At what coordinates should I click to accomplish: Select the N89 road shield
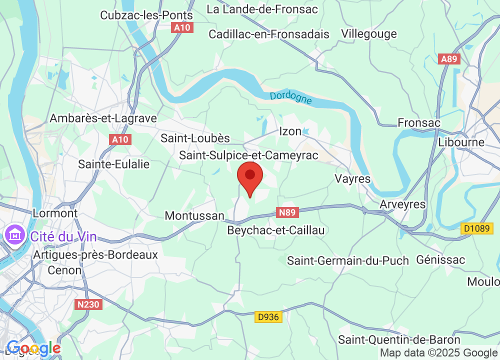[287, 212]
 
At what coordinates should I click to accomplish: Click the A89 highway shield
[448, 59]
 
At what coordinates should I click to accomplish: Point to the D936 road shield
[268, 316]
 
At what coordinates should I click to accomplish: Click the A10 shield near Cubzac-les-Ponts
[182, 27]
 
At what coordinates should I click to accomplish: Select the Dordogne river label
[290, 98]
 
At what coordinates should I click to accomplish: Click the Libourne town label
[461, 142]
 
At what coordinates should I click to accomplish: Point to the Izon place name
[290, 131]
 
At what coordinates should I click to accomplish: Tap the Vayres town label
[352, 179]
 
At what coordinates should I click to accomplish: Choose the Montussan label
[194, 215]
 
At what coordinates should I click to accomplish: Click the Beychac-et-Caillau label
[276, 230]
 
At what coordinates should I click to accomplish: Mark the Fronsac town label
[419, 122]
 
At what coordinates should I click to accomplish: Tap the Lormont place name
[55, 213]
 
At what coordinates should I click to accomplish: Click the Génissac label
[440, 259]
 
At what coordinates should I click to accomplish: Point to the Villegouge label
[369, 33]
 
